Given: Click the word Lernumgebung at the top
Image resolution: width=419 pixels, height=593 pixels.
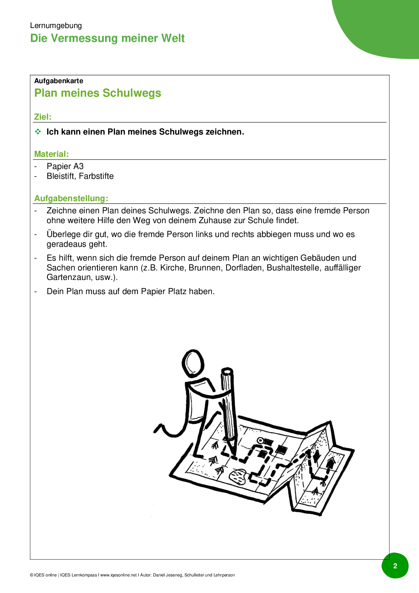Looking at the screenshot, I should click(56, 26).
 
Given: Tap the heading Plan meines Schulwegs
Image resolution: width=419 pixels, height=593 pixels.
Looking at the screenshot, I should click(98, 93).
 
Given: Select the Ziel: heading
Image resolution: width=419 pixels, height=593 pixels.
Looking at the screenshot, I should click(43, 117).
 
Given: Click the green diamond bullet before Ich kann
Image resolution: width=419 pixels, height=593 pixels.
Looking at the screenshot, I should click(38, 132).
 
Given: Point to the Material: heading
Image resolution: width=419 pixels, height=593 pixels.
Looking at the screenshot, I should click(51, 154).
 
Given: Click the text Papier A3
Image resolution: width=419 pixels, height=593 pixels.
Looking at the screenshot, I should click(65, 166).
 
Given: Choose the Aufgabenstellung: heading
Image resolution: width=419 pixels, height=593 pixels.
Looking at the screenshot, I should click(71, 198).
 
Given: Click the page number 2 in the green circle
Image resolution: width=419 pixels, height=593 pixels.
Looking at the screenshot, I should click(395, 566).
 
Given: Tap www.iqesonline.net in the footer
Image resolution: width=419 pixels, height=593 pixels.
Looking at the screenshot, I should click(119, 575).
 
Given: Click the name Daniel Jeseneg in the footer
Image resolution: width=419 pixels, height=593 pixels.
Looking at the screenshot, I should click(168, 575).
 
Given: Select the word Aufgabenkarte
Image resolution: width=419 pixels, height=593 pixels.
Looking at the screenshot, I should click(59, 81).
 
